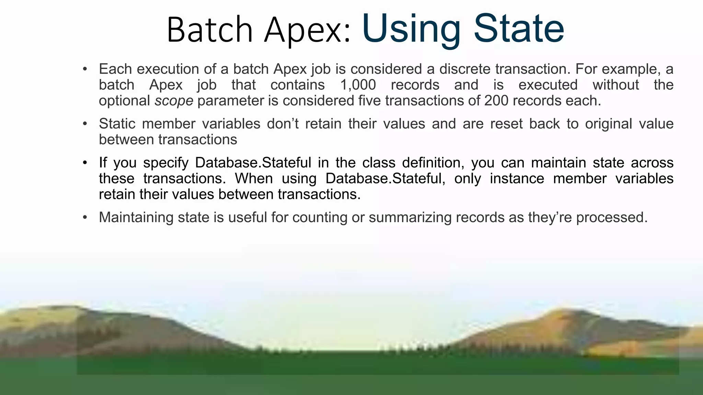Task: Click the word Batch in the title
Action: click(x=210, y=30)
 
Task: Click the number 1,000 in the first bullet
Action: click(x=358, y=85)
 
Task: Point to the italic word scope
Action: click(x=174, y=101)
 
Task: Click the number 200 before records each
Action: click(x=496, y=100)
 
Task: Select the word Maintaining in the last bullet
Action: click(x=136, y=217)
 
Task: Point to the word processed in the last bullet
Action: click(x=611, y=217)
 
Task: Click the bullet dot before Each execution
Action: click(x=85, y=69)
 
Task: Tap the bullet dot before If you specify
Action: click(x=85, y=163)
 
